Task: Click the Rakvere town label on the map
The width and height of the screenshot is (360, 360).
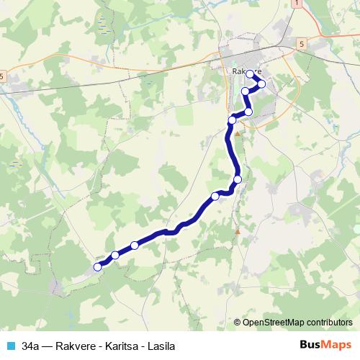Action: click(245, 71)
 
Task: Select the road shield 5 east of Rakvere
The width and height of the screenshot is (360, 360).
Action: click(301, 45)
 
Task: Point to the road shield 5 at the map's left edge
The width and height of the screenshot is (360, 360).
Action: click(2, 76)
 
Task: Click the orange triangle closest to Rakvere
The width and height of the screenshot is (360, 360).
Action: click(238, 133)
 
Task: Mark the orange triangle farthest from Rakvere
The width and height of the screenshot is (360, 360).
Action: click(238, 231)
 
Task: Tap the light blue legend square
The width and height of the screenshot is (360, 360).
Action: click(10, 346)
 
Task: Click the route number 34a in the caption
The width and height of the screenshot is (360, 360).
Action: click(30, 346)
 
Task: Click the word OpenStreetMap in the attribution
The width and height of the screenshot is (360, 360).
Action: click(276, 322)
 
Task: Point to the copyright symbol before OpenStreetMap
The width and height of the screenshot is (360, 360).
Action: click(238, 322)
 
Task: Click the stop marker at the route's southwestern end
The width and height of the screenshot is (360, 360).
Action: click(98, 267)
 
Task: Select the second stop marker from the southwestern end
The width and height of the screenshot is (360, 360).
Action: click(115, 255)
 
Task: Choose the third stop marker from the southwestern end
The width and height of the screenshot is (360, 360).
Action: click(135, 246)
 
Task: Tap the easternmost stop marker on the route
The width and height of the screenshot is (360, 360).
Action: click(261, 84)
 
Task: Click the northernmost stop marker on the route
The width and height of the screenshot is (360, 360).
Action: click(250, 74)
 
